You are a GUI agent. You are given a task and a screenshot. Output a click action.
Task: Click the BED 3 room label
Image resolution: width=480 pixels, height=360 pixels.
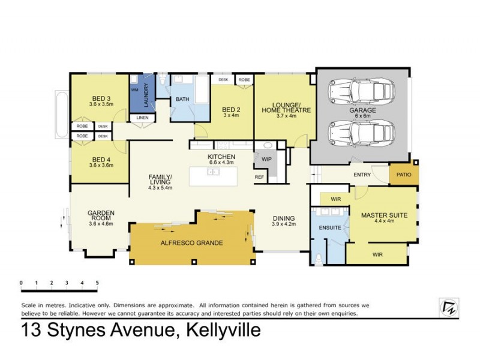(101, 98)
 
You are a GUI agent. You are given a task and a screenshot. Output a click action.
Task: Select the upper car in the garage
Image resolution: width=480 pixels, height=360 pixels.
(359, 91)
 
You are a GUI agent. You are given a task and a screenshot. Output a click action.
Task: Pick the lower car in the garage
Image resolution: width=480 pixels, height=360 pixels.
(359, 131)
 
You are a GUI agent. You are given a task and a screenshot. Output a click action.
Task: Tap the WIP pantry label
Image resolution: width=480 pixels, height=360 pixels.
(266, 159)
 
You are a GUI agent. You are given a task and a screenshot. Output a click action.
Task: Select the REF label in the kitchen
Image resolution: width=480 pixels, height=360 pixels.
(259, 177)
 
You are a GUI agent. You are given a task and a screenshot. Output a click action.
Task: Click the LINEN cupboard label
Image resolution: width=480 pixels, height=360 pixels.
(142, 118)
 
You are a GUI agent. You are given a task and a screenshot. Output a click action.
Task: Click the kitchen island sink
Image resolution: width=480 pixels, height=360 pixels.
(213, 172)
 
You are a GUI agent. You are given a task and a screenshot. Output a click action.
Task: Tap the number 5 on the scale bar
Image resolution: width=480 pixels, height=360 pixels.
(97, 282)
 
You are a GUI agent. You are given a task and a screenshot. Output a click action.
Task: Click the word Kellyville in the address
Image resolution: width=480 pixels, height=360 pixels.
(224, 331)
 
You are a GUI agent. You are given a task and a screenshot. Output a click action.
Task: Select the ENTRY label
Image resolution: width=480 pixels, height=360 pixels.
(362, 175)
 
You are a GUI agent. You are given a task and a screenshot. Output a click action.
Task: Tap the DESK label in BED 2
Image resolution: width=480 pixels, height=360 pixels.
(223, 80)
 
